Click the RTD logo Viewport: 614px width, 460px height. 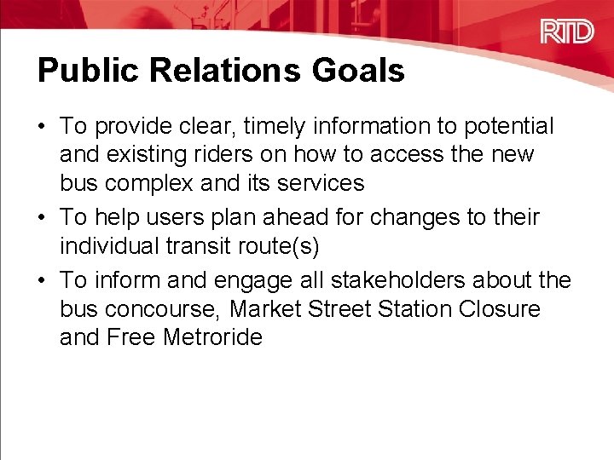(x=566, y=32)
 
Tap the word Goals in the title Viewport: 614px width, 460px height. (x=359, y=71)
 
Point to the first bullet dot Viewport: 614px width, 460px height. (x=43, y=127)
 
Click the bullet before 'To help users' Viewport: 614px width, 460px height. (x=43, y=218)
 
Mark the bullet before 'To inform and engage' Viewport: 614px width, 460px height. (x=43, y=280)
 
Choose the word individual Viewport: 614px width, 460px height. (x=107, y=246)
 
